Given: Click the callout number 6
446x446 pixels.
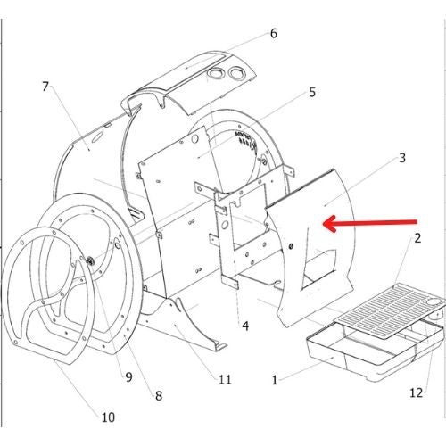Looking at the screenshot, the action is [x=274, y=33].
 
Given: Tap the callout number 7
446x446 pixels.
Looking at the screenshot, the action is [x=45, y=87].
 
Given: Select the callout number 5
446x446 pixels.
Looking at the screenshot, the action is [x=312, y=92].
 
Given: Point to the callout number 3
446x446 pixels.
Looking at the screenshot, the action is [x=402, y=158].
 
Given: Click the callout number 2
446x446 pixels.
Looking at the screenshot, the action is [x=417, y=238].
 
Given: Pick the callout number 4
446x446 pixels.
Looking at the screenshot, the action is [x=245, y=326].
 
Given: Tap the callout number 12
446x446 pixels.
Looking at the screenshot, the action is [x=417, y=392].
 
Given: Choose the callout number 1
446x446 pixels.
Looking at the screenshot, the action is [x=275, y=380].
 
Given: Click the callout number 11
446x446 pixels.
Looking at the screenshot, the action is [x=225, y=379].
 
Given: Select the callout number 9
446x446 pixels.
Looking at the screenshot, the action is [x=128, y=377].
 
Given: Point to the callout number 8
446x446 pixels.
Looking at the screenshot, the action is [x=159, y=395].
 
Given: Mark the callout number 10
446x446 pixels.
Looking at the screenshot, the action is [x=108, y=417].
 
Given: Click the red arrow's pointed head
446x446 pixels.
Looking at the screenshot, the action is [x=325, y=223].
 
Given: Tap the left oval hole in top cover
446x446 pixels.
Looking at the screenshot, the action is [x=216, y=73].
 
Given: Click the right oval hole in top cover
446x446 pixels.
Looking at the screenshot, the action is [x=237, y=72].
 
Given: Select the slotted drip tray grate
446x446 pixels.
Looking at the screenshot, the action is [x=390, y=310].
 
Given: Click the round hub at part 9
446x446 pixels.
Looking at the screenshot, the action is [x=90, y=261].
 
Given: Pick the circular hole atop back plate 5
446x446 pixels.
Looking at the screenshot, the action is [x=195, y=139].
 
